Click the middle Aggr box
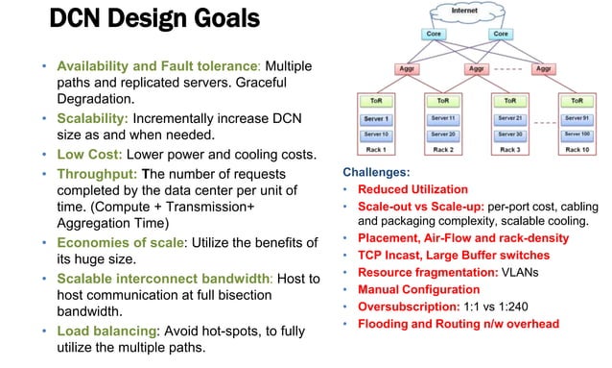(x=477, y=69)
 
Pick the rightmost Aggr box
(x=544, y=69)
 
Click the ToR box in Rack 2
(x=442, y=100)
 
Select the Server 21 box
(x=508, y=117)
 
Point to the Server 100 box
(x=577, y=134)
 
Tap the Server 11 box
(x=442, y=117)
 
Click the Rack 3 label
(x=508, y=150)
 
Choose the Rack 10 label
(x=577, y=150)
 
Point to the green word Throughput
(x=97, y=174)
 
